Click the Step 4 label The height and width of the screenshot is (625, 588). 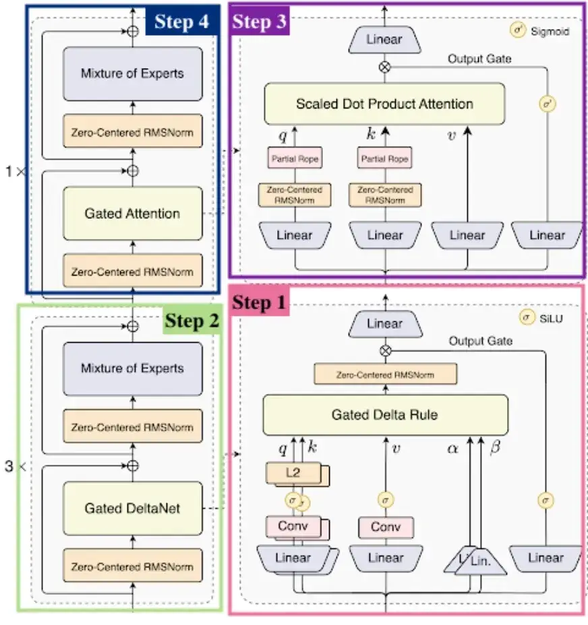(x=183, y=22)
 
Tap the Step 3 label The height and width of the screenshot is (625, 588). (x=260, y=22)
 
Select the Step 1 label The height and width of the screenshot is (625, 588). (x=260, y=303)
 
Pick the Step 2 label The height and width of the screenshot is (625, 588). (x=192, y=321)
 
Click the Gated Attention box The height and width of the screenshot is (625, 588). (x=132, y=214)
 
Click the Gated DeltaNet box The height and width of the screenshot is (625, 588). (x=132, y=508)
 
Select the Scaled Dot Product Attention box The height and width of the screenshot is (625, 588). (x=384, y=104)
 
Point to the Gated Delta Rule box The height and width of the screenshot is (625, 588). (x=384, y=415)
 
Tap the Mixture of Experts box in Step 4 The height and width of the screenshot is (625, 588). (x=132, y=73)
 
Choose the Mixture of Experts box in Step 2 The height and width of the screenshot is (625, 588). (x=132, y=368)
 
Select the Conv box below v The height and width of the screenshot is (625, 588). (x=385, y=527)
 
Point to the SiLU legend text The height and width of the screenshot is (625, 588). (x=550, y=317)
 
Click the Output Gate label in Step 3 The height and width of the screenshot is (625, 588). (x=479, y=59)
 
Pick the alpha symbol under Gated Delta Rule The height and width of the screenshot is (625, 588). (x=452, y=447)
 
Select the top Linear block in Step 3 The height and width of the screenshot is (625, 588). (x=384, y=40)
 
